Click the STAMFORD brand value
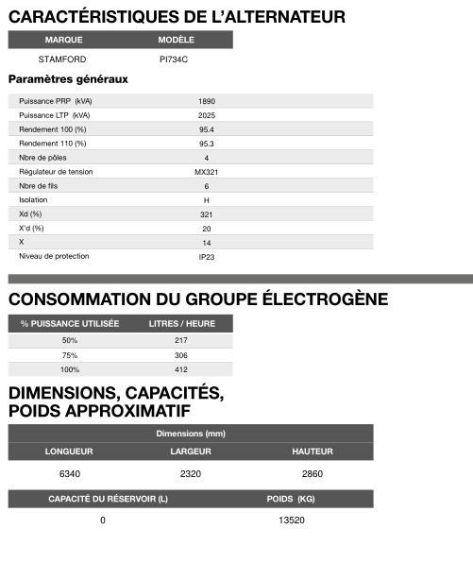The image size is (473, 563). (62, 60)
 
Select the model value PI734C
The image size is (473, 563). (175, 60)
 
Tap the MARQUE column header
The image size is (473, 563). (62, 41)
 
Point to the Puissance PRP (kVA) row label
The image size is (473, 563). (56, 101)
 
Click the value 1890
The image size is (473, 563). (207, 101)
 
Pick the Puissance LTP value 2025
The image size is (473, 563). (207, 115)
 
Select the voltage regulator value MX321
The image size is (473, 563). (207, 172)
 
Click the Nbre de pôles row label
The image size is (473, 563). (43, 158)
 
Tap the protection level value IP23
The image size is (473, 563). (207, 257)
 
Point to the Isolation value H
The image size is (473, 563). (207, 200)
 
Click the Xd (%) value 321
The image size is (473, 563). (207, 214)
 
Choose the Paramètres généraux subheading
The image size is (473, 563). (68, 79)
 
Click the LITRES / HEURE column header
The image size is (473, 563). (182, 323)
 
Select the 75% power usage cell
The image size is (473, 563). (70, 355)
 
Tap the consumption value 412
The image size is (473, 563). (181, 370)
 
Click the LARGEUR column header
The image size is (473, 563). (190, 452)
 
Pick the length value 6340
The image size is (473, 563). (70, 473)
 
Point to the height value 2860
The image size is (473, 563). (312, 473)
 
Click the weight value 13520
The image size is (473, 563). (292, 520)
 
